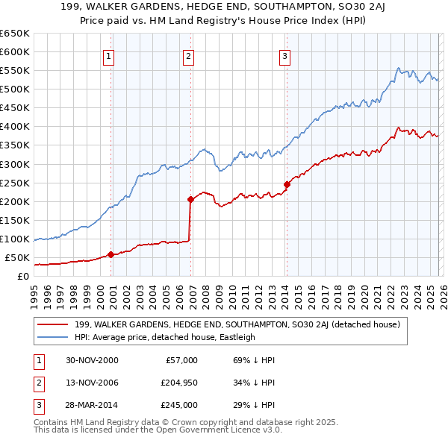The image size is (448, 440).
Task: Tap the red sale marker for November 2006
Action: tap(190, 199)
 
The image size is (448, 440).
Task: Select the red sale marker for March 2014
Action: tap(287, 184)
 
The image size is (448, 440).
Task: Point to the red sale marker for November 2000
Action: tap(111, 254)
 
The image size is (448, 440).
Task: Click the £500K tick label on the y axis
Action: tap(15, 89)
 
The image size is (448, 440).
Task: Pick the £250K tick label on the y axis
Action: tap(15, 183)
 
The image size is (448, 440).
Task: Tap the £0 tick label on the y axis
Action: tap(22, 276)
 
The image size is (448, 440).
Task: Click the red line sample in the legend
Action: tap(55, 324)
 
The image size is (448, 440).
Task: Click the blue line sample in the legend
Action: tap(55, 337)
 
